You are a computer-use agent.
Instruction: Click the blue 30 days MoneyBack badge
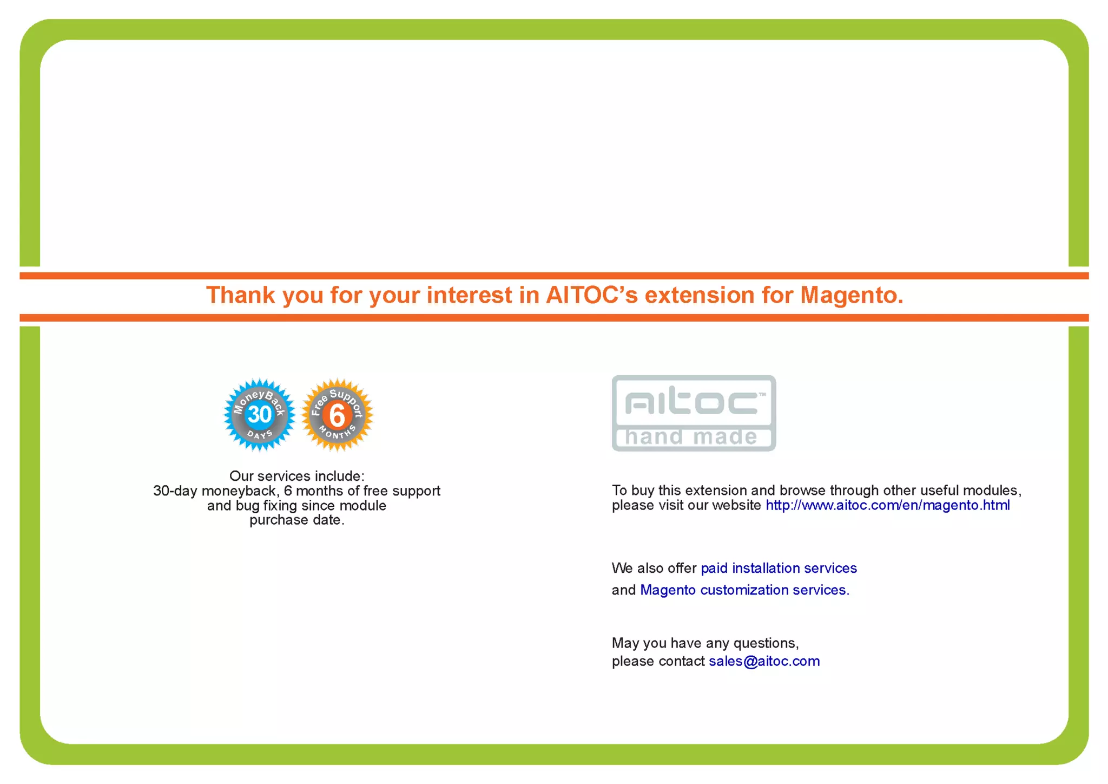click(259, 415)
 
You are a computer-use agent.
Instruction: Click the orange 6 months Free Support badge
click(337, 415)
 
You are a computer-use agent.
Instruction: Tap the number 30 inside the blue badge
click(260, 415)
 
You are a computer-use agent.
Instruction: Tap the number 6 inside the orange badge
click(337, 416)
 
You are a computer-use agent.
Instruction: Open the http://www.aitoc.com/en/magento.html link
click(887, 505)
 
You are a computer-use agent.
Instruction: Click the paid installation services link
click(779, 568)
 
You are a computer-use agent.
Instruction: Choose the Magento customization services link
click(744, 590)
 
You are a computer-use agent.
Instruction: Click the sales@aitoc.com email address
click(764, 661)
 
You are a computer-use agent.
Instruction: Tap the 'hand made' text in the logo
click(691, 437)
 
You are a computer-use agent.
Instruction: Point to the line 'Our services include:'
click(296, 476)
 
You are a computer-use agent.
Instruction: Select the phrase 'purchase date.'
click(296, 520)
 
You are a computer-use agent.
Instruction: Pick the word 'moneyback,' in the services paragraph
click(239, 491)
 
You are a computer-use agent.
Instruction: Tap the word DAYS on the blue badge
click(260, 435)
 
